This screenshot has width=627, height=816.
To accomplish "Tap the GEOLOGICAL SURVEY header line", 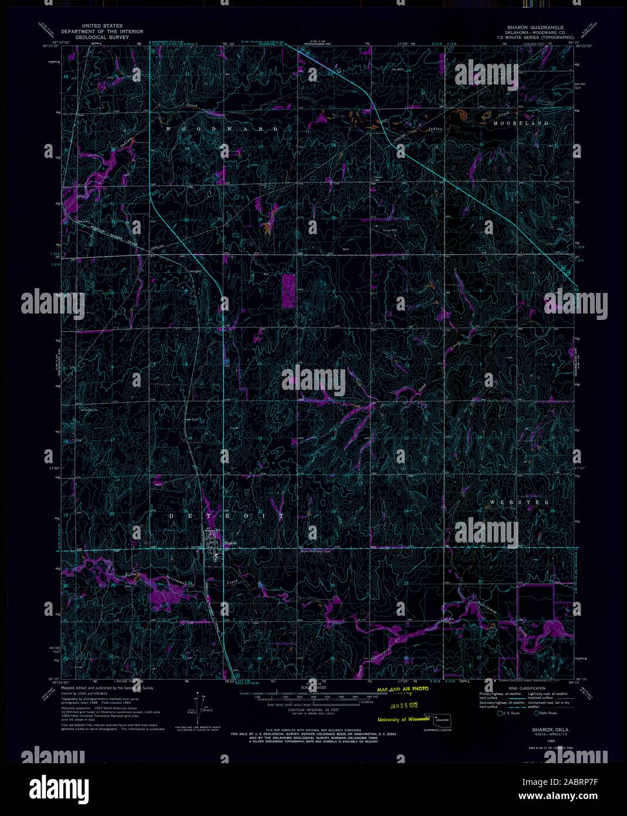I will tap(95, 37).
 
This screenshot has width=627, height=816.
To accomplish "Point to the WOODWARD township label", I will tap(221, 128).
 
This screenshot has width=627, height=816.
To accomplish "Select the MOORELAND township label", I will tap(521, 123).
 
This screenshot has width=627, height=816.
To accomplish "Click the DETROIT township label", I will tap(226, 516).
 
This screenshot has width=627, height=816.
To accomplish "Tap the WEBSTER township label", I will tap(519, 503).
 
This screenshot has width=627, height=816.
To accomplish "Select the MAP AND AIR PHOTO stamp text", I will tap(403, 689).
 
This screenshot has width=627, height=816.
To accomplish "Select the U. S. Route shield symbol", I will tap(500, 714).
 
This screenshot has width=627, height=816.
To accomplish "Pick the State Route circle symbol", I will tap(537, 714).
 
